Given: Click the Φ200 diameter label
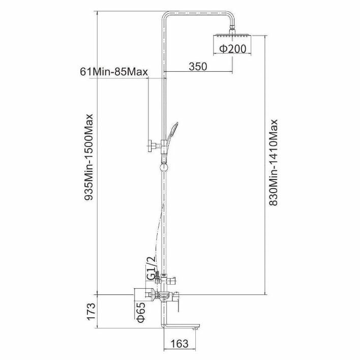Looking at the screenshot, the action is pyautogui.click(x=233, y=49).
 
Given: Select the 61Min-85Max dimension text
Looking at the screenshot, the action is pyautogui.click(x=114, y=71).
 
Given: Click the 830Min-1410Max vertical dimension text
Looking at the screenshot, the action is pyautogui.click(x=274, y=162).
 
